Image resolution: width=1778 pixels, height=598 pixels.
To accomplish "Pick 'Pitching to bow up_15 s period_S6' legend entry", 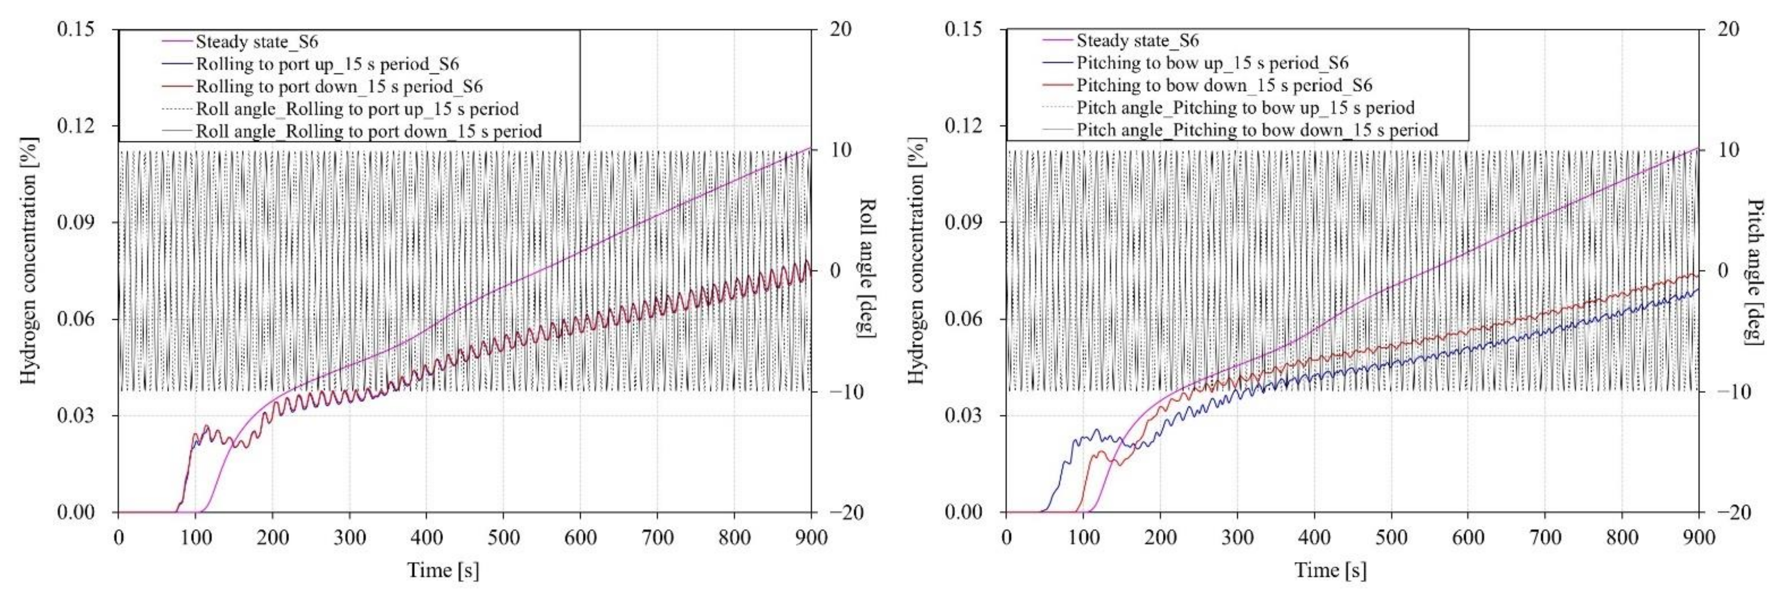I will coord(1212,63).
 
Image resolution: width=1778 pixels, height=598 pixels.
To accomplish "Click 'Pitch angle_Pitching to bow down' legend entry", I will coord(1257,130).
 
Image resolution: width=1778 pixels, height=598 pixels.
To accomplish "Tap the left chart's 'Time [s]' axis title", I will coord(442,570).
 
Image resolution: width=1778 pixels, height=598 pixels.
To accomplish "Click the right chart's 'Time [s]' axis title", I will coord(1330,570).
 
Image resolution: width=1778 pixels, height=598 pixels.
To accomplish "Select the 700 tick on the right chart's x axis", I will coord(1545,538).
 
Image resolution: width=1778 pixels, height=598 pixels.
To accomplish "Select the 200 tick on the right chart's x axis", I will coord(1160,538).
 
